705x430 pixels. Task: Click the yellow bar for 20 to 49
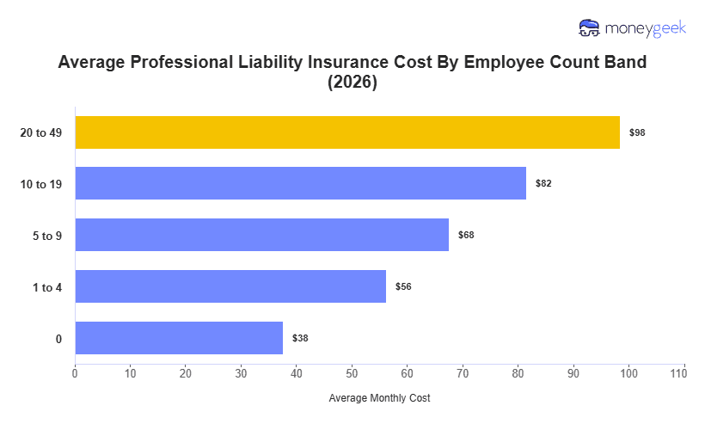point(347,132)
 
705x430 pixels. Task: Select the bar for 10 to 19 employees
point(300,183)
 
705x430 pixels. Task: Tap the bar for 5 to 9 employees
point(261,235)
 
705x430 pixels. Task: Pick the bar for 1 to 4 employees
point(230,286)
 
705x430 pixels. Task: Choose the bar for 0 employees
point(179,338)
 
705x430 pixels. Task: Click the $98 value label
point(637,132)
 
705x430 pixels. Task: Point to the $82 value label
point(543,183)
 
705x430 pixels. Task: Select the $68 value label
point(466,235)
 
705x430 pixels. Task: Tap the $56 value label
point(403,286)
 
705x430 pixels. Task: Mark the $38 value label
point(300,338)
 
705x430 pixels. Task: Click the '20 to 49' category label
point(41,132)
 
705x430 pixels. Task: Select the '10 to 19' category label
point(41,184)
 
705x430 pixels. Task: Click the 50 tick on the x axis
point(352,372)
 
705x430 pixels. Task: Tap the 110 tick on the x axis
point(684,372)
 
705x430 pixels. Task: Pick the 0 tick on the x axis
point(75,372)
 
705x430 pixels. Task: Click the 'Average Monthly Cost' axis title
point(379,398)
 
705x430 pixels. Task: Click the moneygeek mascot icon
point(590,28)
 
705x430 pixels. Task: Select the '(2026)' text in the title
point(352,83)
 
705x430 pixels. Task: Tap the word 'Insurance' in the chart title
point(338,63)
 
